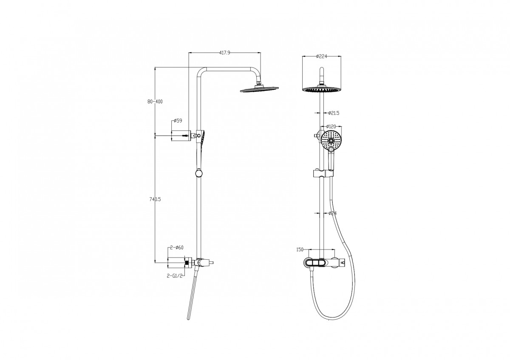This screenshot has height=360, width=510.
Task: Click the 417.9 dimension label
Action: click(225, 53)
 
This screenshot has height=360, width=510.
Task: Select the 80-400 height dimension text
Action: click(155, 102)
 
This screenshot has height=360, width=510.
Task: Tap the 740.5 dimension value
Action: click(155, 199)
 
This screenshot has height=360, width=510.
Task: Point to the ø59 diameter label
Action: click(178, 121)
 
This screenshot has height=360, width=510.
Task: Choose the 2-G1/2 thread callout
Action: click(175, 276)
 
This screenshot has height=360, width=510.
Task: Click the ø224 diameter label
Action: click(321, 57)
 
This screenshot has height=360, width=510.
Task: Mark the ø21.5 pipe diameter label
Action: click(334, 113)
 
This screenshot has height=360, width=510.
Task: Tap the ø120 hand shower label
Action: click(331, 126)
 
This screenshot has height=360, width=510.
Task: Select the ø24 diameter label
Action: click(333, 213)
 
